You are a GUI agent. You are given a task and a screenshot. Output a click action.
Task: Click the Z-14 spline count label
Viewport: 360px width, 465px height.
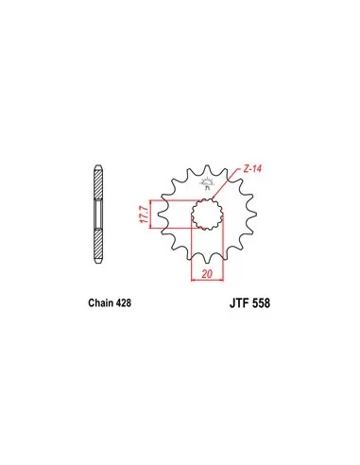(252, 169)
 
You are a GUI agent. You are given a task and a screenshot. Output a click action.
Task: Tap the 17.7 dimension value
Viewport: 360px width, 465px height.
(145, 215)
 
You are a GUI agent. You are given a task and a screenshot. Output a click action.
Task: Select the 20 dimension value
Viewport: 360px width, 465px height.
(207, 274)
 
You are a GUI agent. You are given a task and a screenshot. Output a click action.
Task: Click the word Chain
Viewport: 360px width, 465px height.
(101, 302)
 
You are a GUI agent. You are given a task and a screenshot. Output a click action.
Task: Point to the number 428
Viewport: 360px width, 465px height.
(124, 302)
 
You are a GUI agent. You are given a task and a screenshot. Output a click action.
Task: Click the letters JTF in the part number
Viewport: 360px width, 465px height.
(239, 303)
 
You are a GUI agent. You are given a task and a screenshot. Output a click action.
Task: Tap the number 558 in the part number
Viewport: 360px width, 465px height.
(261, 303)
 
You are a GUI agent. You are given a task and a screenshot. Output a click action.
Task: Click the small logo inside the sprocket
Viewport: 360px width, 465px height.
(207, 183)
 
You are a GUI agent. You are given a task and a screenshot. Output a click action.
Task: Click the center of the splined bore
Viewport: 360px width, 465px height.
(208, 214)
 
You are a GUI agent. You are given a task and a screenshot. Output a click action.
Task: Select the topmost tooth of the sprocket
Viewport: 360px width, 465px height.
(207, 168)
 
